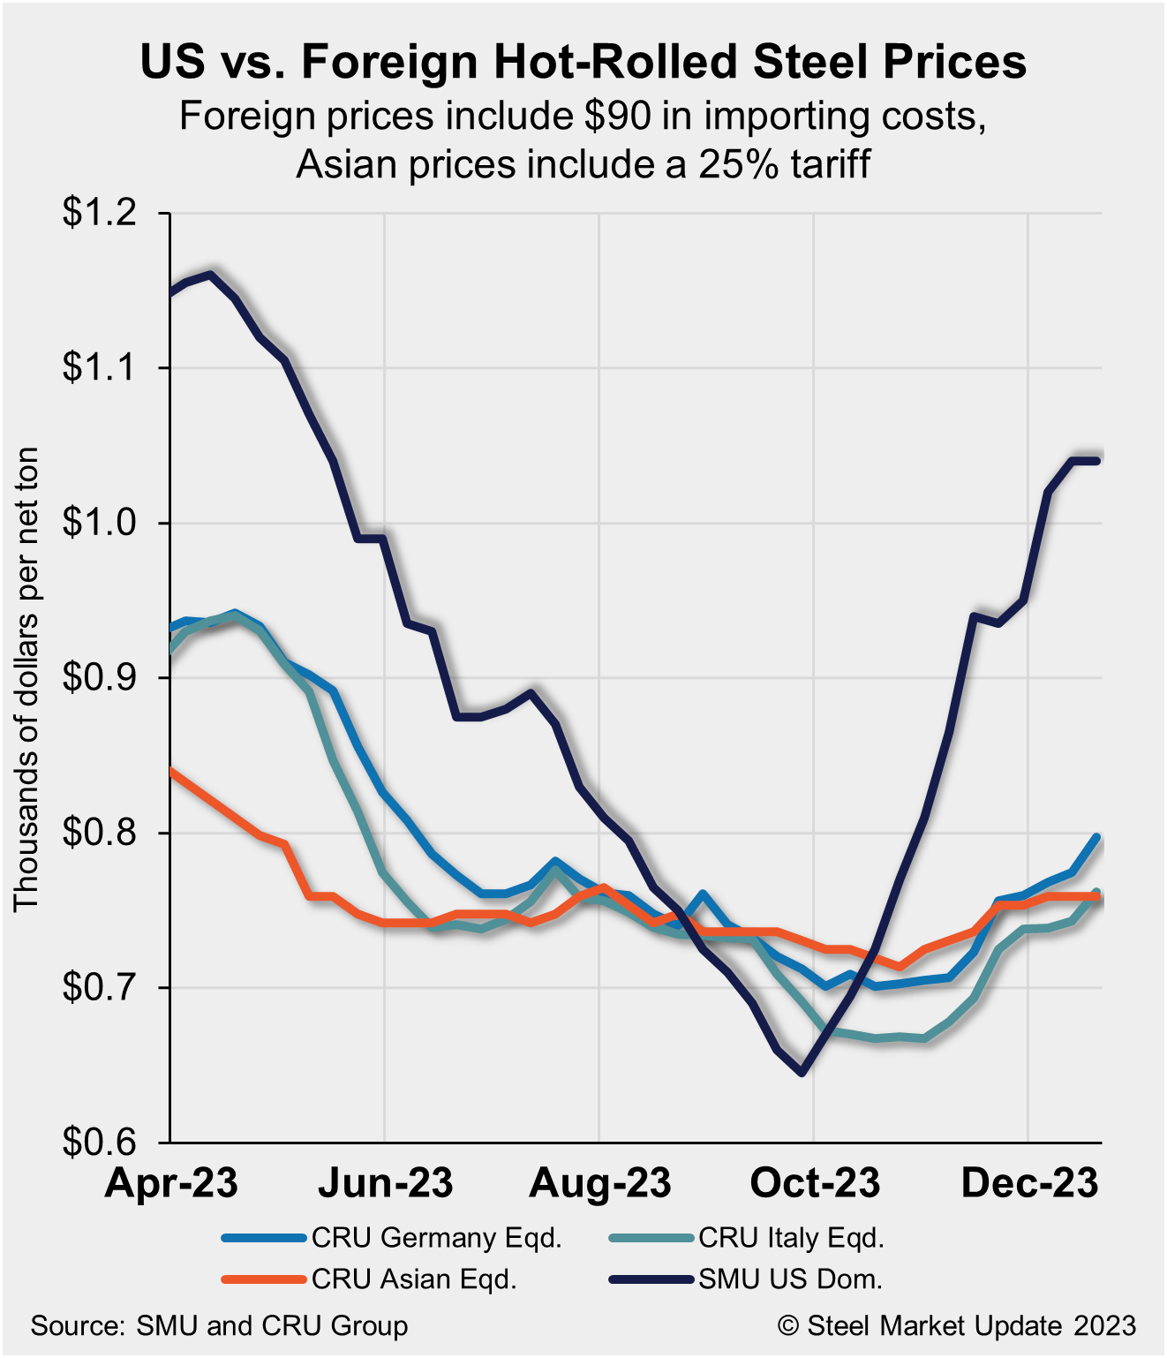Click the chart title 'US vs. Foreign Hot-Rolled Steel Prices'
coord(583,62)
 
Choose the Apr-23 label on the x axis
coord(171,1183)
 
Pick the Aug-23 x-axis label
coord(600,1183)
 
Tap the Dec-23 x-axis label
coord(1029,1183)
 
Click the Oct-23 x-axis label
coord(815,1183)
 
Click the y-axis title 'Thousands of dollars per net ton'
coord(26,678)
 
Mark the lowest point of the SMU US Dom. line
coord(802,1072)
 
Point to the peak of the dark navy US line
coord(210,275)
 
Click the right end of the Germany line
coord(1097,837)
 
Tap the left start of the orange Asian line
coord(171,770)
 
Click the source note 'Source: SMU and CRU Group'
coord(219,1325)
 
